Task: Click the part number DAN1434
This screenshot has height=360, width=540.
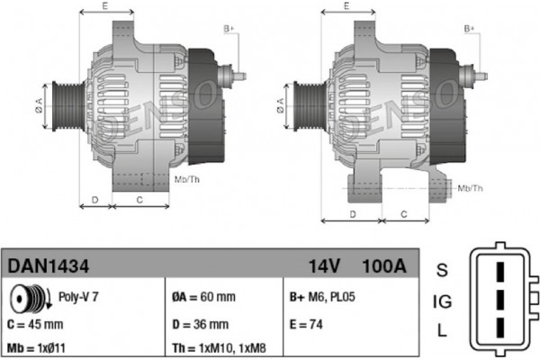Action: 49,266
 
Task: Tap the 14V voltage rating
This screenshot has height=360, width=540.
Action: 324,266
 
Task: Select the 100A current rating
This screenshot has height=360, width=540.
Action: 384,266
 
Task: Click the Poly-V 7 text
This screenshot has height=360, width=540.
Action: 78,297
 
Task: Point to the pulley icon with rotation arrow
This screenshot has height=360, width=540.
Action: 31,297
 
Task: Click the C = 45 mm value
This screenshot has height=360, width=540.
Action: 35,324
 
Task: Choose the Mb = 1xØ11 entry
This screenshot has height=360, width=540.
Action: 36,348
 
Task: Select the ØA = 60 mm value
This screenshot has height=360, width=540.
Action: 204,297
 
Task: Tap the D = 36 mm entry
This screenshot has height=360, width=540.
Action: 201,324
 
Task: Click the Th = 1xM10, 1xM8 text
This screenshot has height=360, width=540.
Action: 220,348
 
